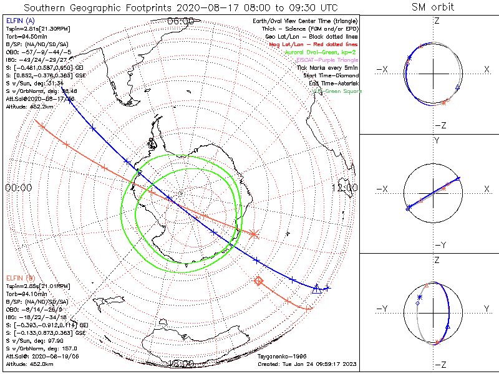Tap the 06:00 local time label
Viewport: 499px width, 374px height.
[181, 21]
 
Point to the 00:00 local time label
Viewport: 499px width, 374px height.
[18, 188]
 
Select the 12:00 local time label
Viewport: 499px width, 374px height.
[345, 188]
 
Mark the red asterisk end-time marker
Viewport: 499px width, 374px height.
[254, 234]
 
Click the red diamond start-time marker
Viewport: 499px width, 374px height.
[258, 281]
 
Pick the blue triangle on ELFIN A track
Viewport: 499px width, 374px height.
[316, 288]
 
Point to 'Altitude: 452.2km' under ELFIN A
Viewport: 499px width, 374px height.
[25, 105]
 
